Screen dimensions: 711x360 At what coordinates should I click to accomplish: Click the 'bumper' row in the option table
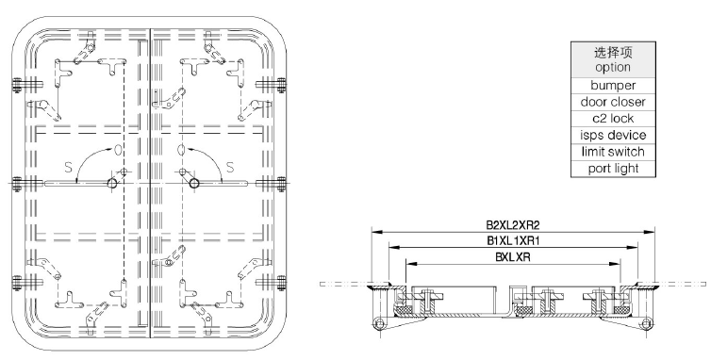pyautogui.click(x=613, y=85)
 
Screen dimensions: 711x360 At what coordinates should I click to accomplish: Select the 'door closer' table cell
pyautogui.click(x=613, y=102)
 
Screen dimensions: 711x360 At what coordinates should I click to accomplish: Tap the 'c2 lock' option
pyautogui.click(x=613, y=119)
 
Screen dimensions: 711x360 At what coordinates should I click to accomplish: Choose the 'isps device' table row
pyautogui.click(x=613, y=135)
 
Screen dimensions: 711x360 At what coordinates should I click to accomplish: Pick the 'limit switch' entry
pyautogui.click(x=613, y=152)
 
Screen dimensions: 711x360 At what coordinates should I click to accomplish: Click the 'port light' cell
pyautogui.click(x=613, y=168)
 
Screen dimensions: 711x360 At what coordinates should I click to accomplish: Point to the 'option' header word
pyautogui.click(x=613, y=68)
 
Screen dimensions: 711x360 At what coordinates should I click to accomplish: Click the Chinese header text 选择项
pyautogui.click(x=613, y=53)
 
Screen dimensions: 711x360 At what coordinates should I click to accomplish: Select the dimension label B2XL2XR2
pyautogui.click(x=513, y=225)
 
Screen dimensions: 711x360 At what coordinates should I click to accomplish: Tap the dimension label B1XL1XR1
pyautogui.click(x=513, y=240)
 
